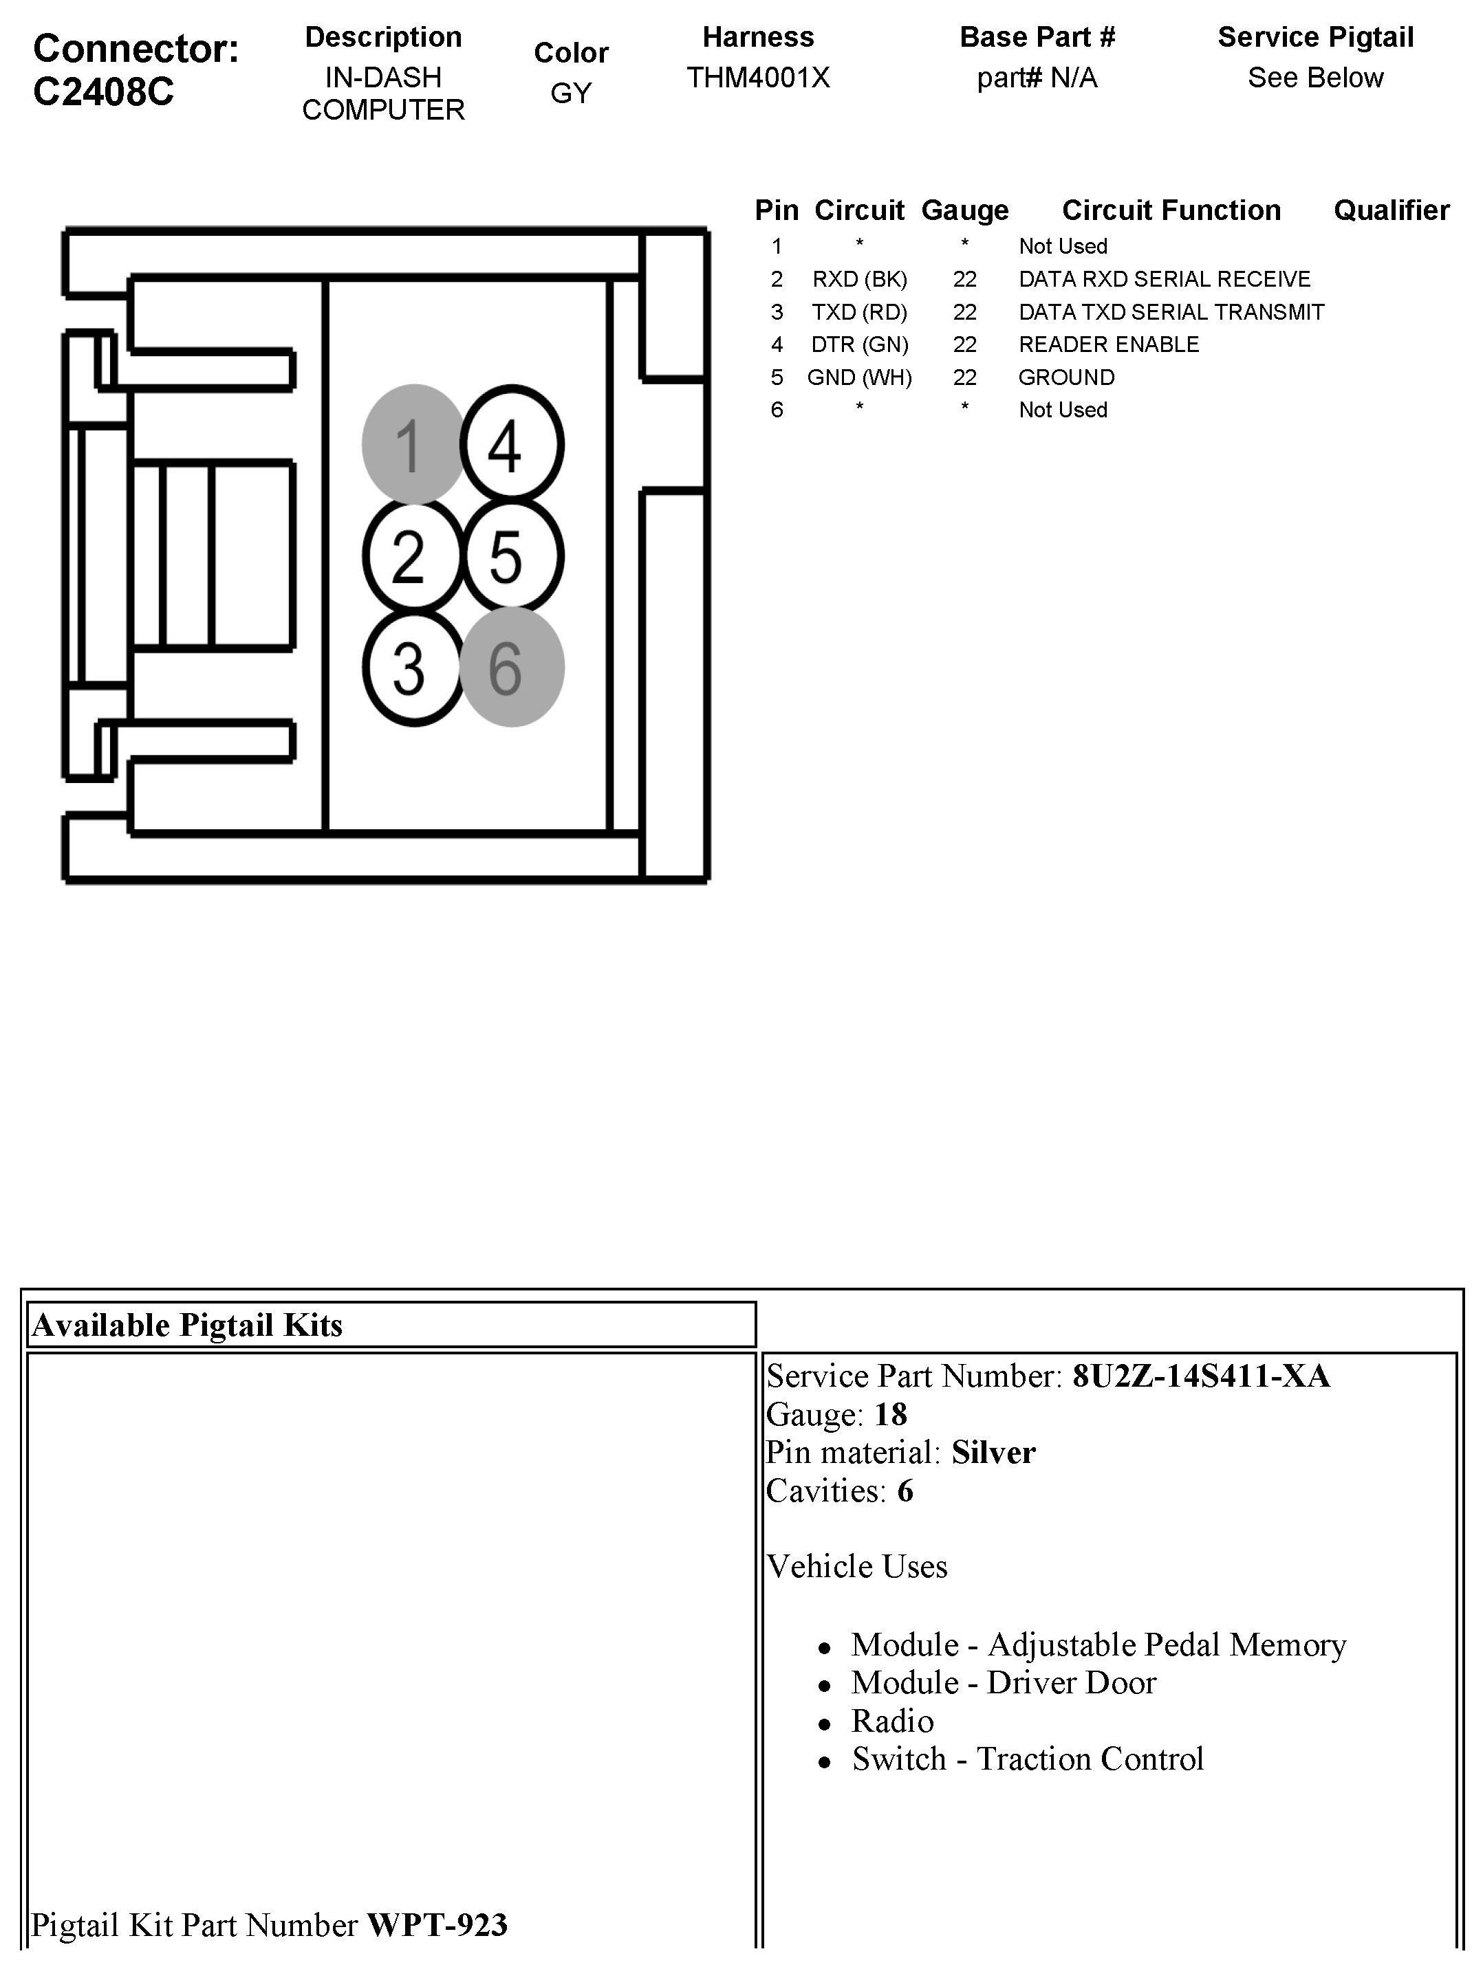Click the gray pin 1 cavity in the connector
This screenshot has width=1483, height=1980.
(x=412, y=444)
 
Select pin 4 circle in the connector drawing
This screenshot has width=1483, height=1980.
(x=511, y=444)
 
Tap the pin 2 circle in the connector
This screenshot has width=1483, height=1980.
(x=412, y=556)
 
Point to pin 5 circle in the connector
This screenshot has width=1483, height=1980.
(x=511, y=556)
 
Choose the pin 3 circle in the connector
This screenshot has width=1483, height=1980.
(x=412, y=668)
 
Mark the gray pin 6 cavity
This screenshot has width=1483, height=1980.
(x=511, y=668)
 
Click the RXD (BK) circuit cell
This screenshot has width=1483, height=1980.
(x=859, y=279)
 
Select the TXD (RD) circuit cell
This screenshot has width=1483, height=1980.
(x=859, y=312)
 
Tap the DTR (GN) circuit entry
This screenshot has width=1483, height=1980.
(x=859, y=344)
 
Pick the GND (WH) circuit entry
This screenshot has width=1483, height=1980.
(x=859, y=377)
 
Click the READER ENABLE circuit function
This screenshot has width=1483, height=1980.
(x=1107, y=344)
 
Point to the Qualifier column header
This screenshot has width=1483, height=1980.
(x=1391, y=210)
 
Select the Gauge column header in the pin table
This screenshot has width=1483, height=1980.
(x=964, y=210)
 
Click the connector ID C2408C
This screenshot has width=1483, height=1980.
(x=103, y=92)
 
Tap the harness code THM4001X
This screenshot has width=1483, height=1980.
(x=757, y=78)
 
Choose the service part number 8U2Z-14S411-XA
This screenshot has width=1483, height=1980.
(x=1200, y=1376)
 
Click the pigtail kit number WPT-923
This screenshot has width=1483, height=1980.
(x=437, y=1924)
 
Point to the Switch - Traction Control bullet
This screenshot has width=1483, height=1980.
(x=1027, y=1759)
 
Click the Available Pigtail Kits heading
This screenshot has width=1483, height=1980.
(x=187, y=1325)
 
